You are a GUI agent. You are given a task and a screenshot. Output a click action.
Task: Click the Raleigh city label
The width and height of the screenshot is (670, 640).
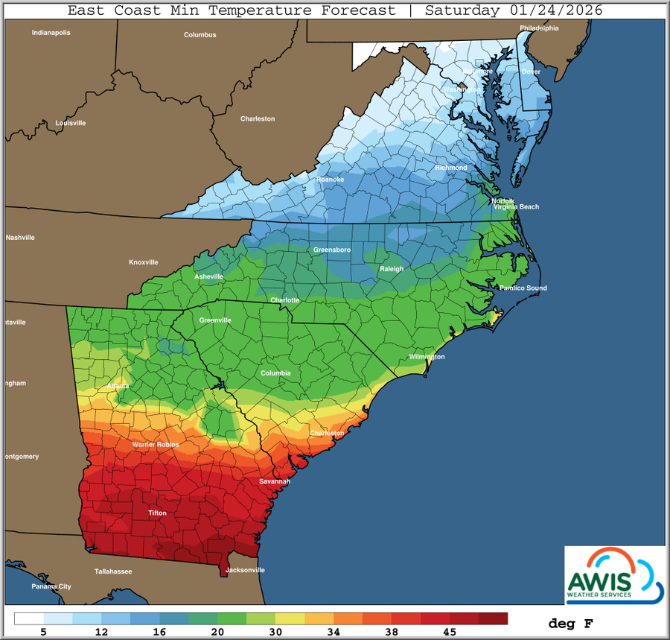coord(392,269)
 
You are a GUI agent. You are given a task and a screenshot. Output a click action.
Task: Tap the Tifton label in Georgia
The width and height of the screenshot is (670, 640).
coord(157,513)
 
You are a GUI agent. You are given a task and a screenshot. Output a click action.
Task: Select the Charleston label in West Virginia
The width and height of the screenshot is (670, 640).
coord(258,118)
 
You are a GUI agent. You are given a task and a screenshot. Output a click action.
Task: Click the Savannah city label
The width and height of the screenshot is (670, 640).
coord(275,481)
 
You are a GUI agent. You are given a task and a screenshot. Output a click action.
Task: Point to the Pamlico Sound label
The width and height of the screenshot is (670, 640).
coord(523,288)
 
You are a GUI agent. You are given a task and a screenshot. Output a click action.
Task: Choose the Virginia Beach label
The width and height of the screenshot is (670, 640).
coord(516,206)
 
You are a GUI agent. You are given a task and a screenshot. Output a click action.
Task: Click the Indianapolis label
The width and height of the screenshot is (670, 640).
coord(51,33)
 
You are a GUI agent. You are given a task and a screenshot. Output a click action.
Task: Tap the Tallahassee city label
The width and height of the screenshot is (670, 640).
coord(113,571)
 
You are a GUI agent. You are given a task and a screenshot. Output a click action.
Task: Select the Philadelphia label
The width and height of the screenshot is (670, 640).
coord(539,28)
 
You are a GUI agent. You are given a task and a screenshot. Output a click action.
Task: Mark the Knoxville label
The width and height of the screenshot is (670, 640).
coord(144,262)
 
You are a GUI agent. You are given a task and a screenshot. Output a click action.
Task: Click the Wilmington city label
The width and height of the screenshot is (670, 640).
coord(427,357)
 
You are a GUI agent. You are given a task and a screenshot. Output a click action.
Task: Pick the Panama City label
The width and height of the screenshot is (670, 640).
coord(51,586)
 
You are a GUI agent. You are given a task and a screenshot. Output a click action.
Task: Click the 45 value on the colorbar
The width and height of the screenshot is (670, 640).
coord(450,632)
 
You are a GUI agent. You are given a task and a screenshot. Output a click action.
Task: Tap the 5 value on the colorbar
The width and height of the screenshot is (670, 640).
coord(44,632)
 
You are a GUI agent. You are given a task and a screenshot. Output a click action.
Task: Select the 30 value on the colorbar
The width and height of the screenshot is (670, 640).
coord(276,632)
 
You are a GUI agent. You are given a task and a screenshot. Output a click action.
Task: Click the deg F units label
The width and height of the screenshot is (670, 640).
coord(571,623)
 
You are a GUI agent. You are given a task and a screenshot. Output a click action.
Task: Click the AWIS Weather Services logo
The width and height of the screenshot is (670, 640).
coord(614,574)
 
